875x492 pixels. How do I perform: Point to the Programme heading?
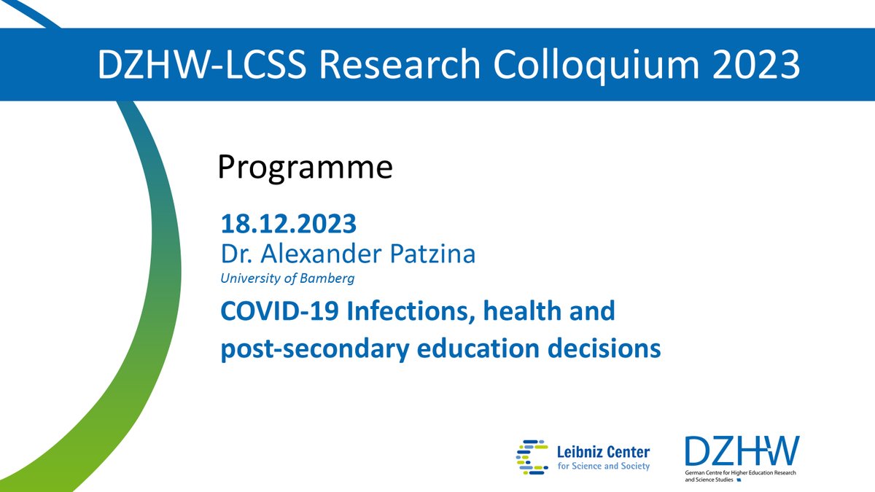tap(306, 168)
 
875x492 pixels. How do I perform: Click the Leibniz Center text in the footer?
tap(602, 450)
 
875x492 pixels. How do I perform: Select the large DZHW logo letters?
tap(741, 451)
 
